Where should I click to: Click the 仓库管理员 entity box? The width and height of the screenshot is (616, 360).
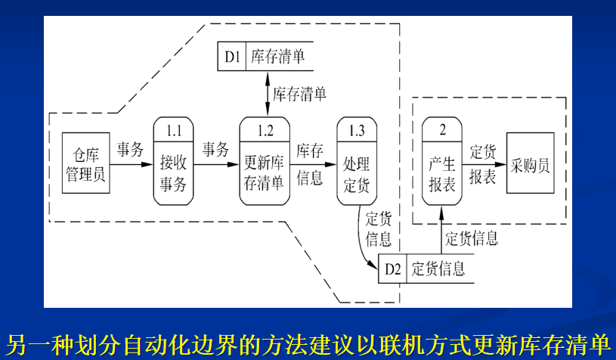pos(85,162)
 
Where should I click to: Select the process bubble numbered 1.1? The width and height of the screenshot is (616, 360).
pos(174,160)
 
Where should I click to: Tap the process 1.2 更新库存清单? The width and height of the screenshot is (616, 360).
pos(265,160)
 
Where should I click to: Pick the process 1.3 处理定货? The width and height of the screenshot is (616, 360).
pos(357,160)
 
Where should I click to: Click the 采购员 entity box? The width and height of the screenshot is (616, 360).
pos(530,162)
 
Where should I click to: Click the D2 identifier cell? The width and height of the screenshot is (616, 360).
pos(392,268)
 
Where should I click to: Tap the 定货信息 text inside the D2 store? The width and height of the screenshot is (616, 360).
pos(438,268)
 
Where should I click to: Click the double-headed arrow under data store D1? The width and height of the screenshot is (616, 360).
pos(267,92)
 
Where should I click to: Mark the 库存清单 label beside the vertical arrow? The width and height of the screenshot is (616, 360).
pos(300,94)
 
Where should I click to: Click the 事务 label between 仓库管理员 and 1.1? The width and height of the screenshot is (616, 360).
pos(130,149)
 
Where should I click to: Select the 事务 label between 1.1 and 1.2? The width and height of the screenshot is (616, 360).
pos(215,149)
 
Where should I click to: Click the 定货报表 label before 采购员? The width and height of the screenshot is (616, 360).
pos(482,163)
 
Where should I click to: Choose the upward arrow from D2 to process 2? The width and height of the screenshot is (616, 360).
pos(441,234)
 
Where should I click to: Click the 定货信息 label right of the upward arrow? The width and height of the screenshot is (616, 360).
pos(472,239)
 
